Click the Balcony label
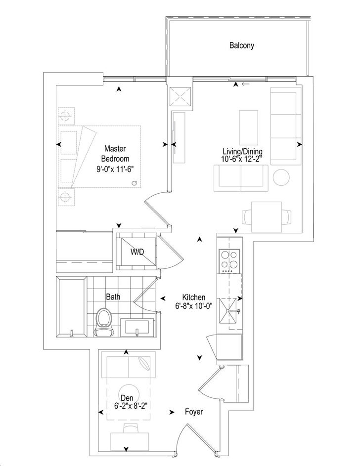(241, 45)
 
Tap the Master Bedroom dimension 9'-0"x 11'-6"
(115, 169)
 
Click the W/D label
(137, 252)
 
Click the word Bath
(113, 297)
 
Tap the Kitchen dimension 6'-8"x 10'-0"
(193, 306)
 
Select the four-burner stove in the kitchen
(228, 262)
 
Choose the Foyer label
(193, 412)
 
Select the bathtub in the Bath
(72, 307)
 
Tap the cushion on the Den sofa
(145, 365)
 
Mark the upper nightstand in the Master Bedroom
(64, 117)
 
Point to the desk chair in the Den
(128, 428)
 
